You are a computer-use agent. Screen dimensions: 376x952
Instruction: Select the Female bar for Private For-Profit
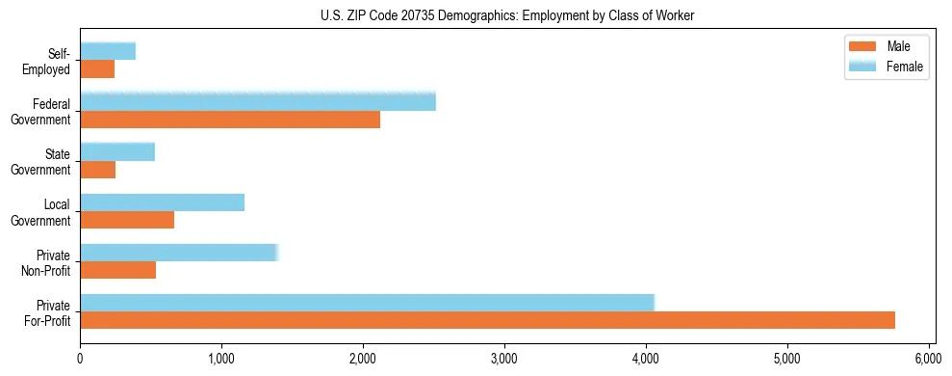pyautogui.click(x=367, y=303)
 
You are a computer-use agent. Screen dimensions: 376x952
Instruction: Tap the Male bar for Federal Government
pyautogui.click(x=230, y=120)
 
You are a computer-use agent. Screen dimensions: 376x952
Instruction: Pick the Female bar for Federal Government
pyautogui.click(x=258, y=101)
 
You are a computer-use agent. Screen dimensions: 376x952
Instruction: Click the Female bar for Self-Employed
pyautogui.click(x=108, y=51)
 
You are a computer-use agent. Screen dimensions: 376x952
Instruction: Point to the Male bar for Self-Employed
pyautogui.click(x=97, y=69)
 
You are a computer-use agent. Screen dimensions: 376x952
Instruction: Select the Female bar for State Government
pyautogui.click(x=117, y=151)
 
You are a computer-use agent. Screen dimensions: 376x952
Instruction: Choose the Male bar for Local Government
pyautogui.click(x=127, y=220)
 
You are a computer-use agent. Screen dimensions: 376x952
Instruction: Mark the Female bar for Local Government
pyautogui.click(x=162, y=201)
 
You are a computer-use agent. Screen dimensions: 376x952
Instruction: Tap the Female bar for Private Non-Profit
pyautogui.click(x=179, y=253)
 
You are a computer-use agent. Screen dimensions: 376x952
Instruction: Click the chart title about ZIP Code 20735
pyautogui.click(x=506, y=15)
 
